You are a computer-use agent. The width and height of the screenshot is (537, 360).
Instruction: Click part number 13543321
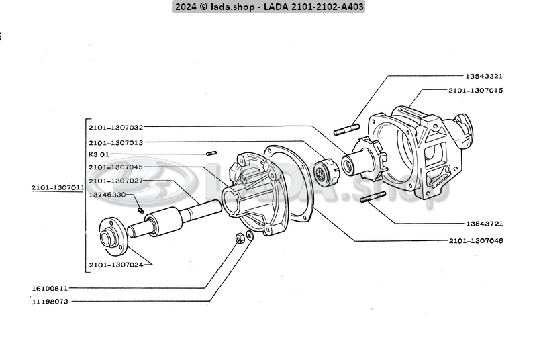coord(484,76)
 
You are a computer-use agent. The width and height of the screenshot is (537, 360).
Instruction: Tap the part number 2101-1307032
coord(115,126)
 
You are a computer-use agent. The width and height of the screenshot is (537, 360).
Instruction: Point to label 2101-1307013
coord(115,142)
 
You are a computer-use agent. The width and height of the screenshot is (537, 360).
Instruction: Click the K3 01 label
coord(98,154)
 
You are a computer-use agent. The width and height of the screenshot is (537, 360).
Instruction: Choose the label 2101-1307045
coord(115,167)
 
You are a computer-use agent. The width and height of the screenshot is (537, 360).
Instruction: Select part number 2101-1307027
coord(115,181)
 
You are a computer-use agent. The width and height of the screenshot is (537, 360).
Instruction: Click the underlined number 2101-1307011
coord(57,188)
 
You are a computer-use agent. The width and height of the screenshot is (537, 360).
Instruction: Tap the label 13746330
coord(107,194)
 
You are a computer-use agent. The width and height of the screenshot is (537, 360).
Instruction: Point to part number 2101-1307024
coord(115,264)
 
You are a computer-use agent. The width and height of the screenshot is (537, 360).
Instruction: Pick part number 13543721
coord(484,224)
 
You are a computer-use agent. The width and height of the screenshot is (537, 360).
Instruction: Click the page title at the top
coord(268,7)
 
